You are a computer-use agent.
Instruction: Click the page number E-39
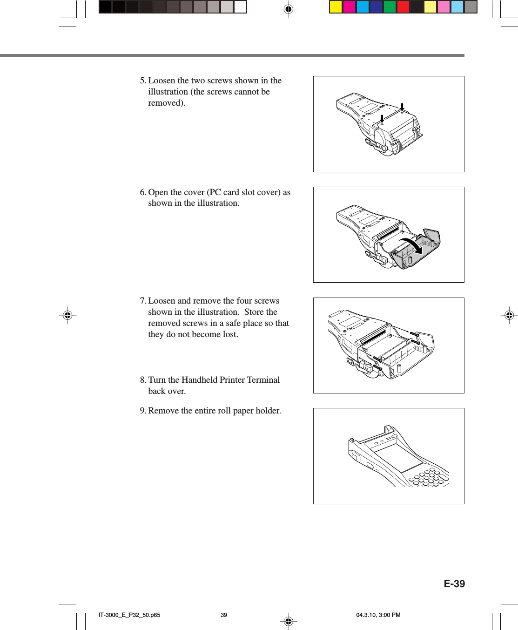pos(454,584)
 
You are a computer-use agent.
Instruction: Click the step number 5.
pos(142,81)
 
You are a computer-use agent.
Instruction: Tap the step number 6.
pos(142,192)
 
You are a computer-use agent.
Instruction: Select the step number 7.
pos(142,301)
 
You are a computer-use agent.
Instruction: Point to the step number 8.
pos(142,380)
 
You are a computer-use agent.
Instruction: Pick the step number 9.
pos(142,411)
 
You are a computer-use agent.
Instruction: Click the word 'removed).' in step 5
pos(167,103)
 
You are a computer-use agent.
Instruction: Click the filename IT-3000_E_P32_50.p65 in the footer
pos(129,615)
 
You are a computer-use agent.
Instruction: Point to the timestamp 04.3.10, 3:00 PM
pos(378,615)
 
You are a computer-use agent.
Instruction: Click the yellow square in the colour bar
pos(336,7)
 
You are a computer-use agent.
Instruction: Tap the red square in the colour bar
pos(403,7)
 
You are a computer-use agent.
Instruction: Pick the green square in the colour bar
pos(390,7)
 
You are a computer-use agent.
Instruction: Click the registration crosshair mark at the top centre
pos(288,9)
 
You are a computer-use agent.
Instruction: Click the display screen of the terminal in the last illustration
pos(398,457)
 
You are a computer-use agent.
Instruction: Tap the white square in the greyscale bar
pos(240,7)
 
